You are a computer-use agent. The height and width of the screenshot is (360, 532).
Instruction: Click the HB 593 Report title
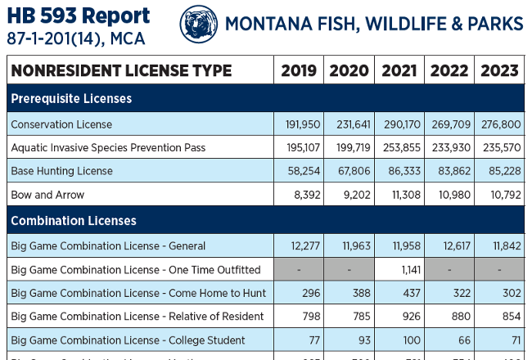[x=79, y=16]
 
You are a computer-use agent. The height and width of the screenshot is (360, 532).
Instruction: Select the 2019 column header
[x=299, y=70]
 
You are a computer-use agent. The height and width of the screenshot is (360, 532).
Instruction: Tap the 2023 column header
[x=498, y=70]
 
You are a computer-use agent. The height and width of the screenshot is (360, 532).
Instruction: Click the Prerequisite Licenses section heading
[x=71, y=99]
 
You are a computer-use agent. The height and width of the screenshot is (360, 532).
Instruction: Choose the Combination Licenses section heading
[x=74, y=221]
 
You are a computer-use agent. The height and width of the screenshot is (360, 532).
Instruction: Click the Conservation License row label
[x=61, y=124]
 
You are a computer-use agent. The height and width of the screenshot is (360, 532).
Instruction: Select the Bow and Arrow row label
[x=47, y=195]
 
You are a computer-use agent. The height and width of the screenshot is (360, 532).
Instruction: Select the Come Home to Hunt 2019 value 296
[x=308, y=293]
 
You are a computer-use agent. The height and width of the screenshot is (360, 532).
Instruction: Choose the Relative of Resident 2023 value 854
[x=508, y=317]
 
